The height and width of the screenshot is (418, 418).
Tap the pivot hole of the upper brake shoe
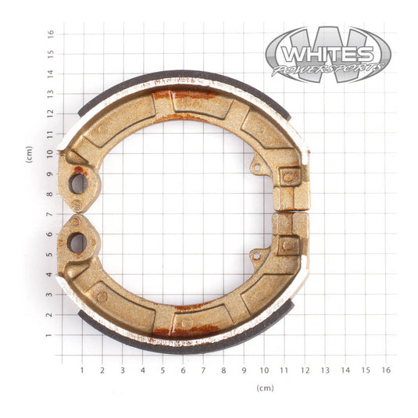tap(77, 184)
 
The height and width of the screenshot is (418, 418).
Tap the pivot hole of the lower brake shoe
tap(77, 242)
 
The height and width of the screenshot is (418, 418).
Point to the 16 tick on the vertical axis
tap(50, 34)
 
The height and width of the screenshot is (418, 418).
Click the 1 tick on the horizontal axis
tap(82, 370)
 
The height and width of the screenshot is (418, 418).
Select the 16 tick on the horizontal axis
tap(385, 370)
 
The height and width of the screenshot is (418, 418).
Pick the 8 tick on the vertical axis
tap(50, 195)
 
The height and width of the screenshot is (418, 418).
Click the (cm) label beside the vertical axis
tap(29, 154)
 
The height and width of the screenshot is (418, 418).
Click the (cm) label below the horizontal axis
tap(265, 388)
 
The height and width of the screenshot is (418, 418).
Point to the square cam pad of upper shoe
tap(288, 177)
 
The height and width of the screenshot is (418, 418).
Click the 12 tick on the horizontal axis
tap(305, 370)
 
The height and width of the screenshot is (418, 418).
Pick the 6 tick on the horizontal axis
tap(184, 370)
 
